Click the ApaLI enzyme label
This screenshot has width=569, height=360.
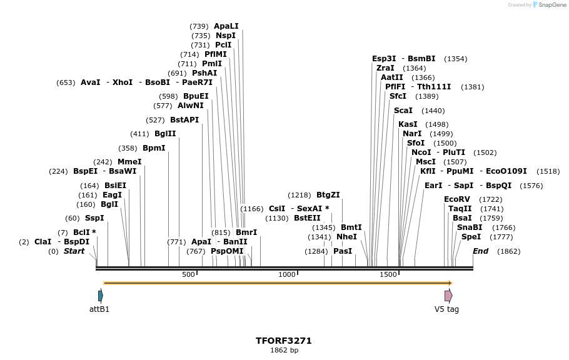click(226, 26)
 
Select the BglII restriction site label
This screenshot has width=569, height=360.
click(165, 134)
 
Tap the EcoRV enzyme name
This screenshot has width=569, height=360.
click(456, 199)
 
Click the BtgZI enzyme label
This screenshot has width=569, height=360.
click(328, 195)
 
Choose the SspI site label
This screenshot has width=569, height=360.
click(94, 218)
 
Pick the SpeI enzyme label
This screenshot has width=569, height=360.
click(471, 237)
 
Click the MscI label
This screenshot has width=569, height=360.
click(426, 162)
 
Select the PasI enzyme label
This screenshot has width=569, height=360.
click(343, 251)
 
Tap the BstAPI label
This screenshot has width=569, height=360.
click(184, 120)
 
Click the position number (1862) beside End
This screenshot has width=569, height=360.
click(508, 251)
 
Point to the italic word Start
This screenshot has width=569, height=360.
click(74, 251)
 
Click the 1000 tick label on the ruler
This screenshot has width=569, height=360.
click(287, 274)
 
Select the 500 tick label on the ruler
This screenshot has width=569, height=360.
click(188, 274)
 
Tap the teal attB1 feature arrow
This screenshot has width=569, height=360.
click(100, 296)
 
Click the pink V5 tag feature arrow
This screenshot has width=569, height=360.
click(448, 296)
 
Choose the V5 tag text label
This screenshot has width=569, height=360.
click(446, 309)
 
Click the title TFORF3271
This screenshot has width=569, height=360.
click(283, 341)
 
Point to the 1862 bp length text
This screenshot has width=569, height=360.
click(284, 351)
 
